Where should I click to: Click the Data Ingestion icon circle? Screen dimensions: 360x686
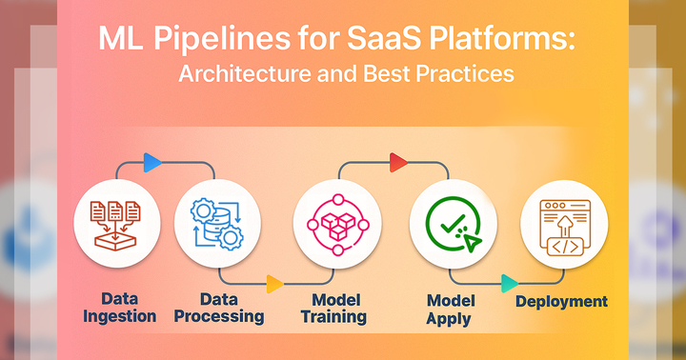pyautogui.click(x=116, y=225)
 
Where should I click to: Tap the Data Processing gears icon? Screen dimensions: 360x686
pyautogui.click(x=218, y=225)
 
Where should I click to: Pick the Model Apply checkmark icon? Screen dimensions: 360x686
pyautogui.click(x=453, y=225)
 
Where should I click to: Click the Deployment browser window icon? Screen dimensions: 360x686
pyautogui.click(x=563, y=225)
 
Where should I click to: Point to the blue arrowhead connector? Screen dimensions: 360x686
pyautogui.click(x=151, y=162)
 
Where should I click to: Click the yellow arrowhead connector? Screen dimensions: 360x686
pyautogui.click(x=273, y=283)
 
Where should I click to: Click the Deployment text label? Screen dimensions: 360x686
pyautogui.click(x=561, y=301)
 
